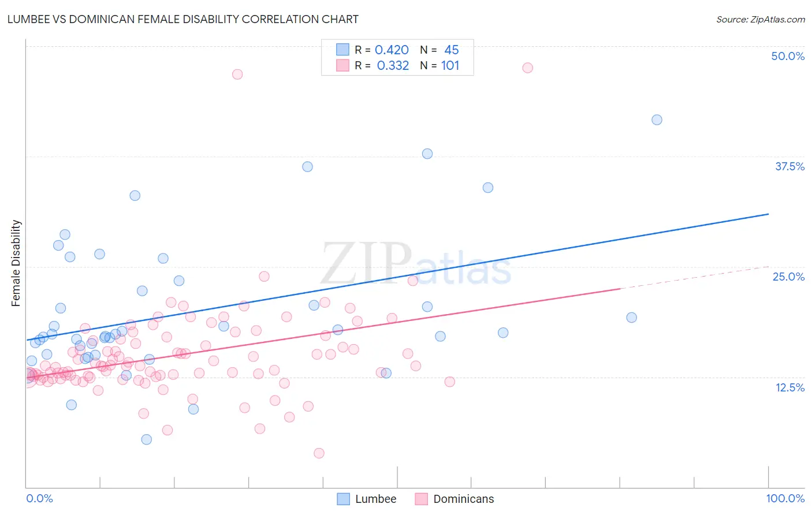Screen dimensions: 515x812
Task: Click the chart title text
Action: point(182,19)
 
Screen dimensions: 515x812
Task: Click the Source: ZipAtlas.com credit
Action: point(760,19)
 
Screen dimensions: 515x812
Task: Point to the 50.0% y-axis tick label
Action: point(788,56)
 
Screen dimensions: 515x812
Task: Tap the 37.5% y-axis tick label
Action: point(789,166)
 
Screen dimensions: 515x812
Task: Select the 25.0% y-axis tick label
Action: point(788,277)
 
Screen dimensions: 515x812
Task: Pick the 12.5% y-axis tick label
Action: point(789,387)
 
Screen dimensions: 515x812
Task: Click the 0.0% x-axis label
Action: point(39,498)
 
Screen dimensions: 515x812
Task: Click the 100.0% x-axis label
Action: point(785,498)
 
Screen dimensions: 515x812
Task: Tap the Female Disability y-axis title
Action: point(16,263)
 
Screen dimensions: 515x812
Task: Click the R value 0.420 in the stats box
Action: point(392,50)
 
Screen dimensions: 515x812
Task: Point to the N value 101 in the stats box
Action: point(450,66)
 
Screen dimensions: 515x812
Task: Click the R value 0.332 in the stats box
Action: point(393,66)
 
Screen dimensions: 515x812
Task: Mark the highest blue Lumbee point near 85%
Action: point(657,120)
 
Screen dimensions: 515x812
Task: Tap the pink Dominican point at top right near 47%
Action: point(527,68)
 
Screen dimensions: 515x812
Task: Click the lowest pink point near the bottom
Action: point(319,453)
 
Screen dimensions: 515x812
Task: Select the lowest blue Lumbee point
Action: point(147,439)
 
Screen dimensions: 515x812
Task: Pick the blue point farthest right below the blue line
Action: point(632,318)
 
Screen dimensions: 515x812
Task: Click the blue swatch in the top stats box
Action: point(343,50)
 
